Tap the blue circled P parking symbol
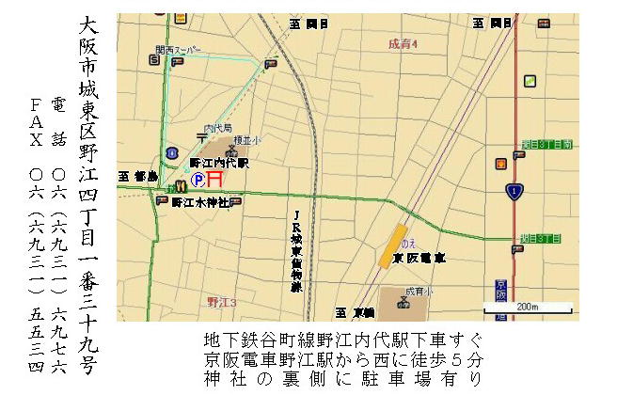198,178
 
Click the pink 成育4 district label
403,45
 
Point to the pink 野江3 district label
222,301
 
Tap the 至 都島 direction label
135,176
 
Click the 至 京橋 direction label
355,311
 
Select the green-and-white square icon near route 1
530,81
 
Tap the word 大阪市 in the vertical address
87,47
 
